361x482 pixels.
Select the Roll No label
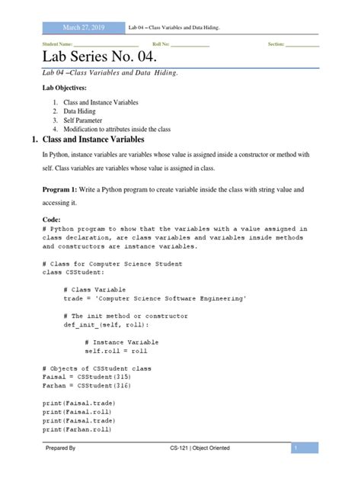pos(161,44)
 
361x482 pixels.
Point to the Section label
pos(276,44)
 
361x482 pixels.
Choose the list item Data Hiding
pos(79,111)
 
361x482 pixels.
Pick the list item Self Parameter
pos(83,120)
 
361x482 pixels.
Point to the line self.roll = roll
pos(116,351)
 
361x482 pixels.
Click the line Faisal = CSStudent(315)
pos(86,377)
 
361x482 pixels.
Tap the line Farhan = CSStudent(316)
pos(86,386)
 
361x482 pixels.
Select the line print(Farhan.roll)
pos(78,429)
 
